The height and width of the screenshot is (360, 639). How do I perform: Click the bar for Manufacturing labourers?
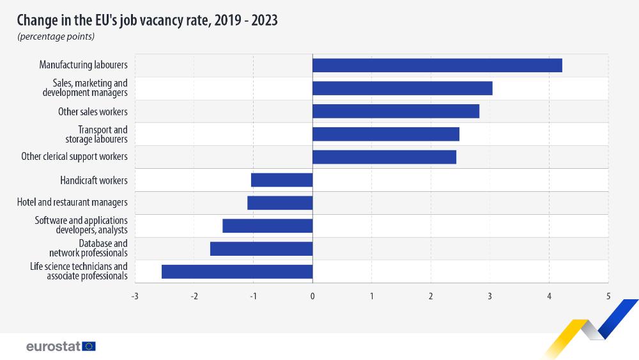point(437,65)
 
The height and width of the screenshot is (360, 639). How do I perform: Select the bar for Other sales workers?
point(396,111)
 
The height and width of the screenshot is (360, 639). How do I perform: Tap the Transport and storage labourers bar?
point(385,134)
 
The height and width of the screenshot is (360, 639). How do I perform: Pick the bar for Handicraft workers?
point(282,180)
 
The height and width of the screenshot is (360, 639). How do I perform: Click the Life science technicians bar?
point(237,271)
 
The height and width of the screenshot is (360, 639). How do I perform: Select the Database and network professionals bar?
point(261,249)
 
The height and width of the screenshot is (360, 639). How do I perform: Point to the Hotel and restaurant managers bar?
point(280,203)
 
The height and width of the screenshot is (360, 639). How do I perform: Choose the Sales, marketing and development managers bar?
point(402,88)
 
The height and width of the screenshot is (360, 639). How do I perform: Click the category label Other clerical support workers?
point(74,157)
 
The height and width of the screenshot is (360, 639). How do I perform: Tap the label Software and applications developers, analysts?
point(81,225)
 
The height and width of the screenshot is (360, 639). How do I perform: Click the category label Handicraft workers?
point(94,180)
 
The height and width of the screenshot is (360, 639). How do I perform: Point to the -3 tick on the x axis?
point(134,296)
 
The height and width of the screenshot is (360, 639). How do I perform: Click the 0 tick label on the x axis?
point(312,296)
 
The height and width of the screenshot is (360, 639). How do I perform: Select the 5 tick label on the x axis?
point(608,296)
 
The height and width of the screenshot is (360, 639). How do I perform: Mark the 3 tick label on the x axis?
point(490,296)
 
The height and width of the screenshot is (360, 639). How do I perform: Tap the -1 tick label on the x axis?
point(253,296)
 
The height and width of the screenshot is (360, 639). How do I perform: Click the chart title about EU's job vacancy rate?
point(147,20)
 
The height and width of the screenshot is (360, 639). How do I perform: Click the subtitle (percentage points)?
point(56,36)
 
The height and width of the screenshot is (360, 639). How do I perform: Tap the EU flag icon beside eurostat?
point(89,346)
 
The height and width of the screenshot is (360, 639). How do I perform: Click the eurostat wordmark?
point(53,346)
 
